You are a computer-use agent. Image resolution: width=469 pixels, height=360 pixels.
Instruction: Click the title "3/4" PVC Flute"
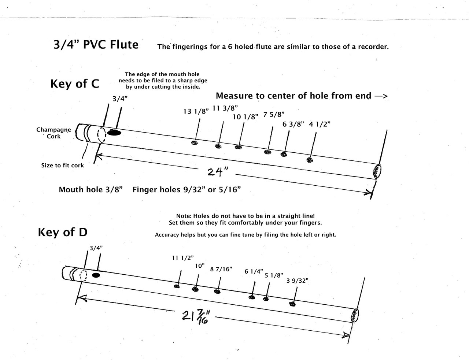click(x=96, y=45)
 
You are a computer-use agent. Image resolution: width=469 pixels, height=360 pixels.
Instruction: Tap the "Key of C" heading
click(x=74, y=84)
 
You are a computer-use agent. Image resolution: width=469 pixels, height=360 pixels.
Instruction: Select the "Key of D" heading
click(x=62, y=232)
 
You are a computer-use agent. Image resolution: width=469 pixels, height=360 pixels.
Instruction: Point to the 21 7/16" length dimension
click(x=195, y=317)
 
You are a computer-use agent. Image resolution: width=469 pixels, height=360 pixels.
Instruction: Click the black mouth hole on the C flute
click(x=115, y=133)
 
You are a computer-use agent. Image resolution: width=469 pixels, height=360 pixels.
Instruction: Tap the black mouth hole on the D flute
click(x=96, y=275)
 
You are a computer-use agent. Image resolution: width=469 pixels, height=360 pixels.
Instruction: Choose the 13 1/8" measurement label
click(x=196, y=111)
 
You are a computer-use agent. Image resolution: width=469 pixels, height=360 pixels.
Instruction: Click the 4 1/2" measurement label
click(x=320, y=124)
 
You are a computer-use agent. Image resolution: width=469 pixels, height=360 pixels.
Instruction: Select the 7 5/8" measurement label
click(x=274, y=114)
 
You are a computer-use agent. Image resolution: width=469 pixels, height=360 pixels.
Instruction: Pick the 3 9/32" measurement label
click(x=297, y=281)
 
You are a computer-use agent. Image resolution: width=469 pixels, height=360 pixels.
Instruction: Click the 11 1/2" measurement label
click(x=182, y=258)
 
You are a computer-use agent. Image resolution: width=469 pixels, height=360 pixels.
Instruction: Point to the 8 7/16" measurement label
click(x=221, y=269)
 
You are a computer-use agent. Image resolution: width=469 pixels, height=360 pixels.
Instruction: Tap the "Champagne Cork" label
click(x=53, y=133)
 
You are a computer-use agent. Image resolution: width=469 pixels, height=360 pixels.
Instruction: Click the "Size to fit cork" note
click(x=62, y=166)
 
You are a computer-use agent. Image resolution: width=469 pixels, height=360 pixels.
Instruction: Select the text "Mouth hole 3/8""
click(x=91, y=190)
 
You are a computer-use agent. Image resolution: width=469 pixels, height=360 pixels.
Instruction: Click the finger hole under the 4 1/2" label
click(x=310, y=160)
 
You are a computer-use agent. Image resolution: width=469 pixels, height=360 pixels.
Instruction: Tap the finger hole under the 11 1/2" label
click(x=177, y=286)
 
